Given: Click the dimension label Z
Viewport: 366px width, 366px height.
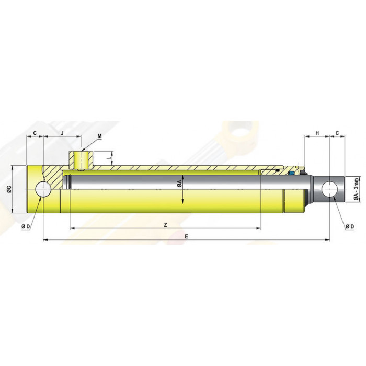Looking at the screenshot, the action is click(x=165, y=225).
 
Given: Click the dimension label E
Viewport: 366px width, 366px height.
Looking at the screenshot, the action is click(x=186, y=237).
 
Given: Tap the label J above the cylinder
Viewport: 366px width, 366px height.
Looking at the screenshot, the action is click(x=62, y=133).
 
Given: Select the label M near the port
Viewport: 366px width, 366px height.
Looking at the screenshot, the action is click(x=100, y=136).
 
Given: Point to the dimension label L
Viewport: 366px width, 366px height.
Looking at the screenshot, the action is click(x=108, y=158).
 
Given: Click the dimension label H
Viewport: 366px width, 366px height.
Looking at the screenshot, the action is click(x=317, y=133).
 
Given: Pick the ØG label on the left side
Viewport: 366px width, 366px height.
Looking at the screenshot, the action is click(x=9, y=190).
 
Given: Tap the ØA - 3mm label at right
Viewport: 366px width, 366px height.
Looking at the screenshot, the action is click(x=356, y=189).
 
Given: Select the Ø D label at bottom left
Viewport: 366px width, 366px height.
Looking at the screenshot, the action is click(x=26, y=226).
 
